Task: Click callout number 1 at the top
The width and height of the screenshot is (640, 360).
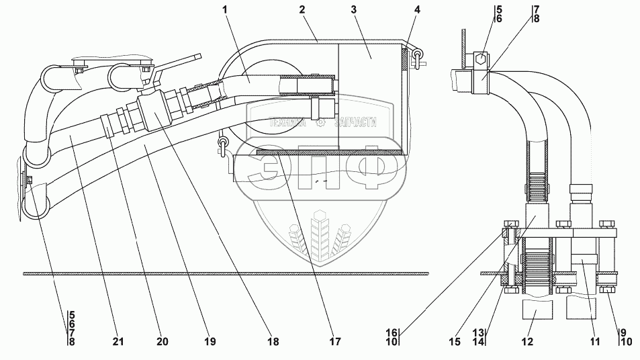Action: [x=226, y=10]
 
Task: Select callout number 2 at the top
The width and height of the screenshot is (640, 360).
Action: [x=303, y=10]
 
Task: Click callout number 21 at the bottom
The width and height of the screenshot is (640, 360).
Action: [x=118, y=342]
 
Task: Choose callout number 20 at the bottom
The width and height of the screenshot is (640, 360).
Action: [x=162, y=342]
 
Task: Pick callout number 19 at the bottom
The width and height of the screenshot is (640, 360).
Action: [x=210, y=342]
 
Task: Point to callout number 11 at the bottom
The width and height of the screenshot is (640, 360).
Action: [x=594, y=342]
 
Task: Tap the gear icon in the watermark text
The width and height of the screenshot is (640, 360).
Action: [x=322, y=122]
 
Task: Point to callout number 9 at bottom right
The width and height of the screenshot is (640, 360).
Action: [x=623, y=332]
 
